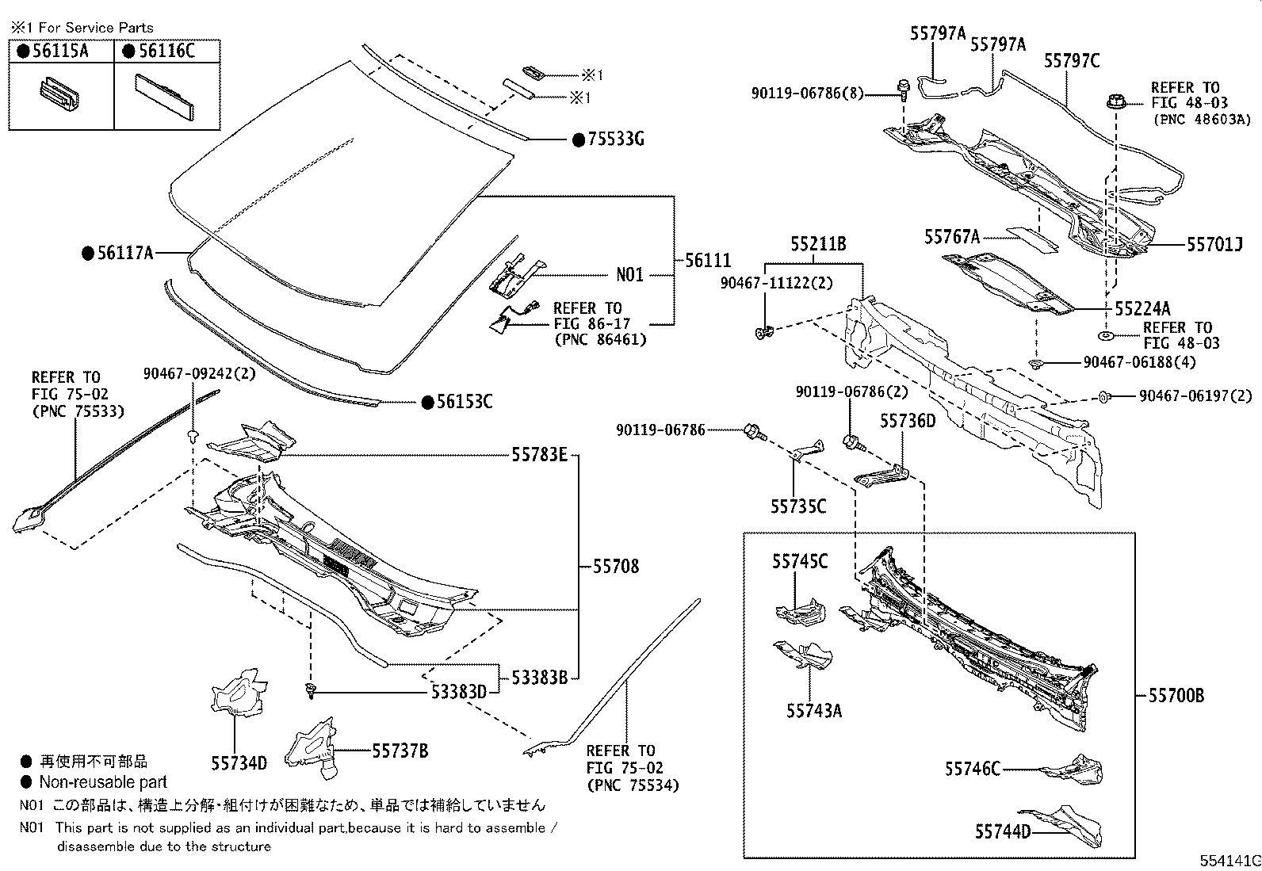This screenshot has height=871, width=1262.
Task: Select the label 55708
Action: coord(615,567)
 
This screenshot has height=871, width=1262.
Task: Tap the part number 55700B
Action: coord(1176,696)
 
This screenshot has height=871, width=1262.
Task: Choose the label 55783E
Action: coord(539,455)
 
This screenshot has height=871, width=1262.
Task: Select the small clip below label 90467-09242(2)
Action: coord(192,435)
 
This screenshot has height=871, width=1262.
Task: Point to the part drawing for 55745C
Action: coord(800,610)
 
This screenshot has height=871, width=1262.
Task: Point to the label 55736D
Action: coord(907,421)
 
